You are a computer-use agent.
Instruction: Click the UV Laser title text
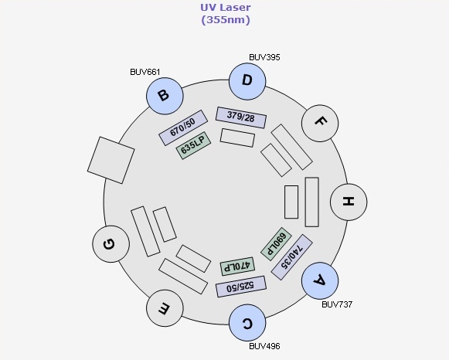coord(226,13)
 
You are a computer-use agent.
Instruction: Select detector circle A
coord(320,280)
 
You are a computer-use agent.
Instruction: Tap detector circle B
coord(165,96)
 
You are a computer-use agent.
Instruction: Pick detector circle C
coord(247,322)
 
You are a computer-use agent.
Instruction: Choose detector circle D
coord(247,81)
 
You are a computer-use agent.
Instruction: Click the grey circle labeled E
coord(165,308)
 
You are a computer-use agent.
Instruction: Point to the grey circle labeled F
coord(320,123)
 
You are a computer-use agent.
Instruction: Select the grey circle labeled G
coord(111,244)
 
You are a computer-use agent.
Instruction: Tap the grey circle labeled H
coord(349,202)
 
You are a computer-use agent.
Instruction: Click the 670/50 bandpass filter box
coord(183,127)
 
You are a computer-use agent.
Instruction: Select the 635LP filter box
coord(193,146)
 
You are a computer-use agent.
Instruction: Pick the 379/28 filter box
coord(241,117)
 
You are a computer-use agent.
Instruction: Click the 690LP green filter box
coord(276,244)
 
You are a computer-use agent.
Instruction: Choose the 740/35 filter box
coord(291,257)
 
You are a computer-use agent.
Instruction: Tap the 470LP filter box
coord(237,267)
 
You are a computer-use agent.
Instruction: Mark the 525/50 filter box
coord(241,287)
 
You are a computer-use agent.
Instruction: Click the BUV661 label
coord(145,72)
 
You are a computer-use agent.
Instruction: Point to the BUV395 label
coord(264,57)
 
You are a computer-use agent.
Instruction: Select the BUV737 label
coord(337,304)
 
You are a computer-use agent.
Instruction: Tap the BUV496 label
coord(264,346)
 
